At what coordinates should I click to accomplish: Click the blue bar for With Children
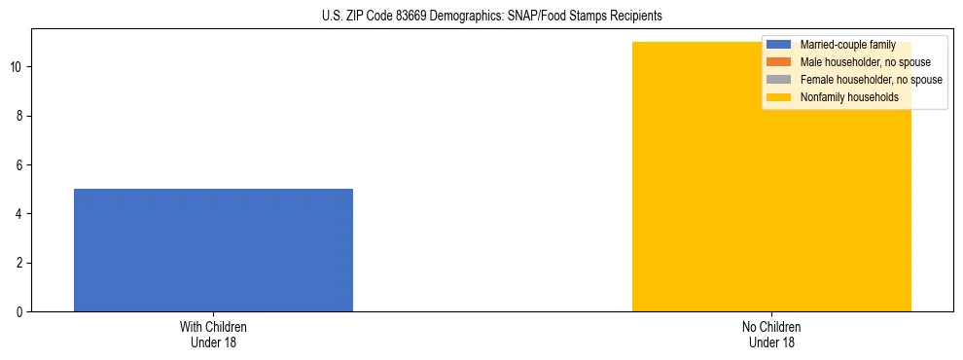(213, 250)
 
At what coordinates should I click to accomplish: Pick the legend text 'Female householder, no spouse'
(871, 80)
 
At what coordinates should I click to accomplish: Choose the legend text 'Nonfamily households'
(843, 97)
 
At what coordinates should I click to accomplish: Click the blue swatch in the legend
(779, 45)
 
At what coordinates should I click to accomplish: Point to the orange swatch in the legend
(779, 62)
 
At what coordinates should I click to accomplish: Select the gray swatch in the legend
(779, 80)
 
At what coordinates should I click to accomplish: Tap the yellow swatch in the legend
(779, 97)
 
